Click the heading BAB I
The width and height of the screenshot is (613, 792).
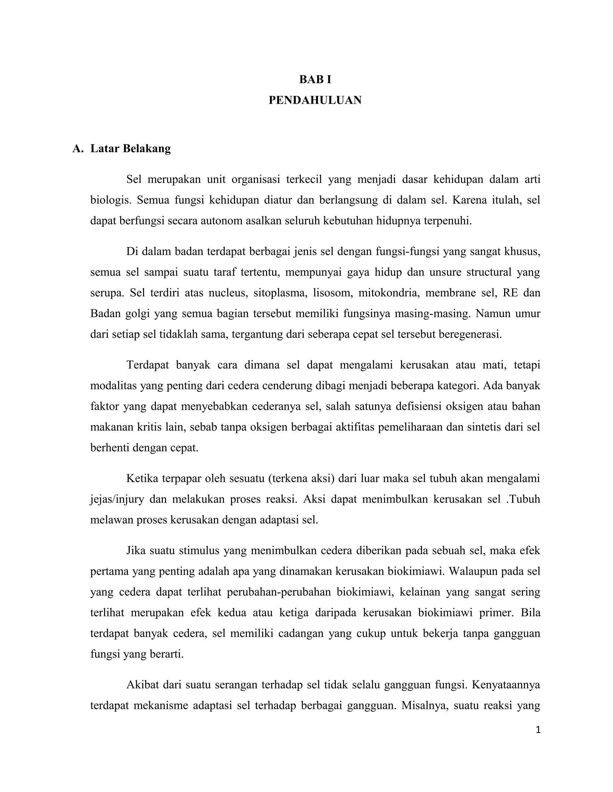tap(315, 79)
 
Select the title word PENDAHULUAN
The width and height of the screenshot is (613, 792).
tap(315, 100)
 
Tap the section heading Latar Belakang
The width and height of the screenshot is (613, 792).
tap(131, 149)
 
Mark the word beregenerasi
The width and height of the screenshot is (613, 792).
tap(470, 334)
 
